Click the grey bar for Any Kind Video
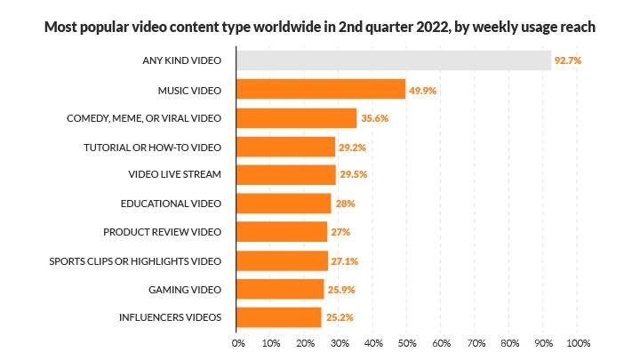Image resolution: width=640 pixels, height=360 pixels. tap(394, 61)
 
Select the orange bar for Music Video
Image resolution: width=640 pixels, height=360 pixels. tap(321, 90)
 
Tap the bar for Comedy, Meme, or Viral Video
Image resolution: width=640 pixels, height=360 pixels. tap(297, 118)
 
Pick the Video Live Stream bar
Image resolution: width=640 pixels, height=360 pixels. tap(286, 175)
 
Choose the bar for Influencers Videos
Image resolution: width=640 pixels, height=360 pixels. tap(279, 316)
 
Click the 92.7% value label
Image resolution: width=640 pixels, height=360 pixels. tap(571, 61)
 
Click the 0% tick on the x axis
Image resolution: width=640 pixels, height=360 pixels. tap(238, 342)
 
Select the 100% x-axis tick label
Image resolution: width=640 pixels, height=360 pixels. tap(578, 342)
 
